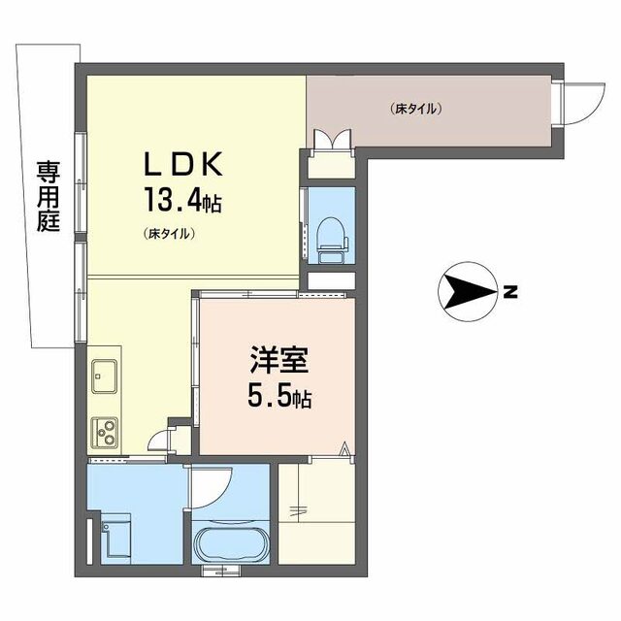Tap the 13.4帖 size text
tap(183, 202)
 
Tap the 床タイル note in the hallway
tap(416, 109)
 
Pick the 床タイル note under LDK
tap(171, 234)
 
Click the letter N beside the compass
tap(510, 291)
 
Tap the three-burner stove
tap(105, 430)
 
